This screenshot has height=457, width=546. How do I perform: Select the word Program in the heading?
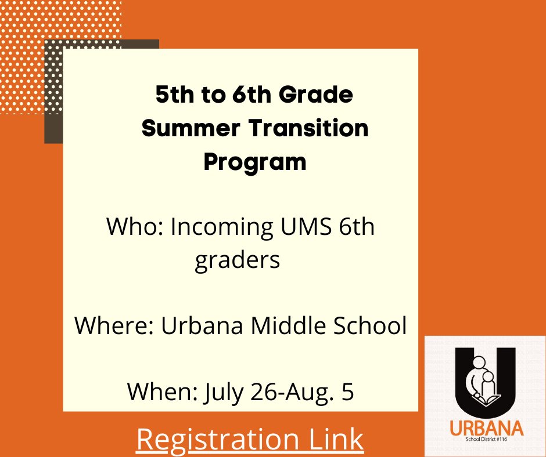254,162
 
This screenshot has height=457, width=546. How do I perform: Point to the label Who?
134,227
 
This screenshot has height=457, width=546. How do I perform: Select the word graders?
237,260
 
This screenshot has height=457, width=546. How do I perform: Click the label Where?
113,327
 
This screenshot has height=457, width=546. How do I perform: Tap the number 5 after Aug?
347,393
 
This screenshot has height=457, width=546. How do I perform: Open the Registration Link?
250,440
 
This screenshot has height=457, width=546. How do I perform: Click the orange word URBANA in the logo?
486,429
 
